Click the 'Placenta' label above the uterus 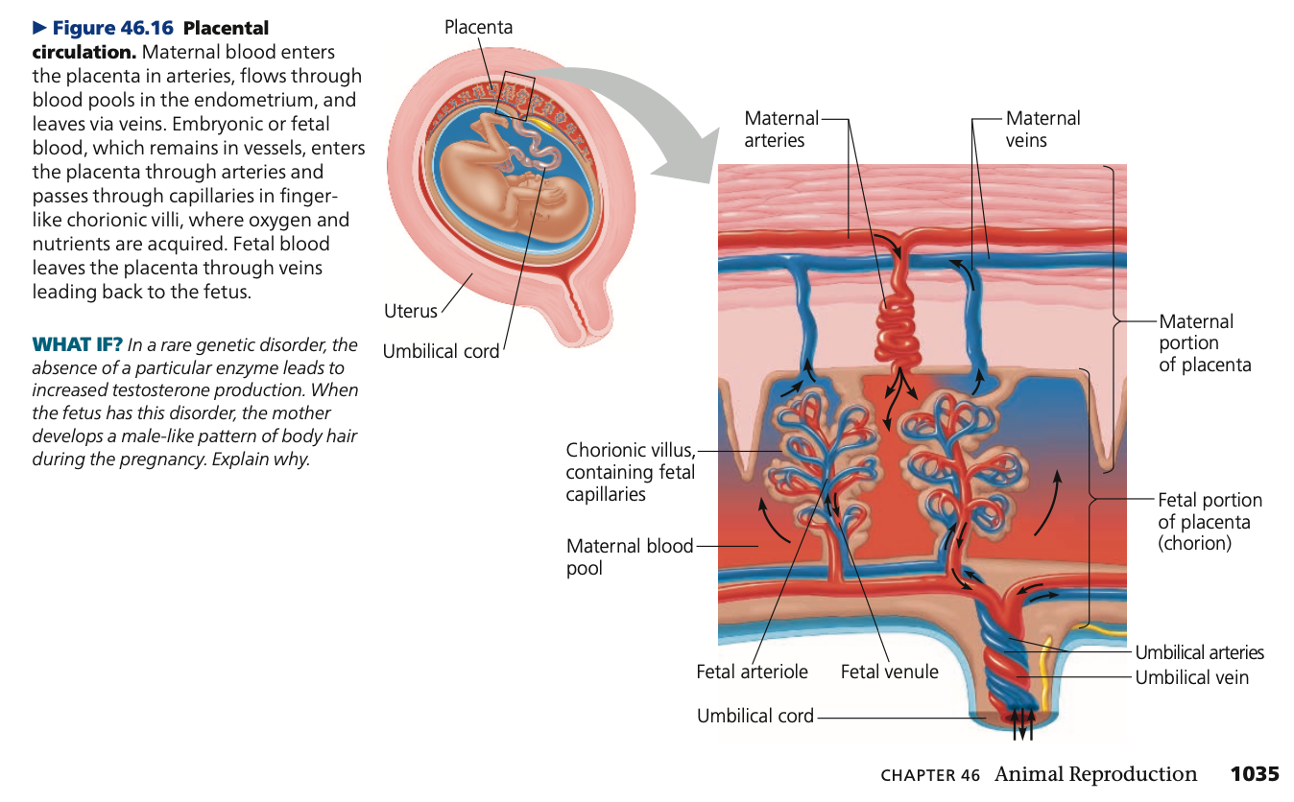(478, 28)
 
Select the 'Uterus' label (410, 311)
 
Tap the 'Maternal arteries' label (781, 130)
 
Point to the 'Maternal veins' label (1042, 130)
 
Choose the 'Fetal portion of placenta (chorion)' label (1210, 521)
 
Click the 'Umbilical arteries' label (1199, 652)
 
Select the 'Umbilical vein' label (1191, 677)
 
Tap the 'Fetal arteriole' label (752, 672)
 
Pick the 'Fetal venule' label (889, 672)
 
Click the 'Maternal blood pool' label (629, 556)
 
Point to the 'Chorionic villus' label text (629, 450)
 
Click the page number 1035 (1255, 774)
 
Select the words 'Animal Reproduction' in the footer (1095, 774)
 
